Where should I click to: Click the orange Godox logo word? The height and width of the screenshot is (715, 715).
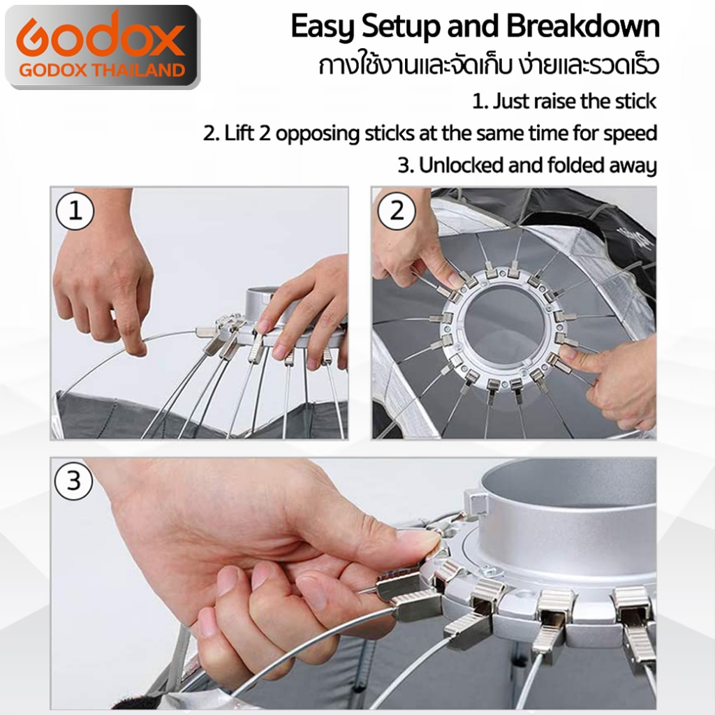coord(101,38)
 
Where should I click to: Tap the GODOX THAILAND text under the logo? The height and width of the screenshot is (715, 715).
coord(102,71)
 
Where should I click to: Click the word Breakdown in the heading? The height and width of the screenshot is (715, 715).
coord(583,26)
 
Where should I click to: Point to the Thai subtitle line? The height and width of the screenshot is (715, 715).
coord(488,65)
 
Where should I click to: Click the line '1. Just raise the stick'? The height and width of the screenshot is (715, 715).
coord(564,101)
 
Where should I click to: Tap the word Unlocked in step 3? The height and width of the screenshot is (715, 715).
coord(461,165)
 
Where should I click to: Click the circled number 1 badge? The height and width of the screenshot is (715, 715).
coord(75,211)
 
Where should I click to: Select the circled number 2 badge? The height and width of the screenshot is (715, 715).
coord(397,211)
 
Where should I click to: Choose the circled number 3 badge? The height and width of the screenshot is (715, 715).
coord(73,480)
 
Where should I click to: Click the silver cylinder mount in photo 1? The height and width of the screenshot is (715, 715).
coord(267,303)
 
